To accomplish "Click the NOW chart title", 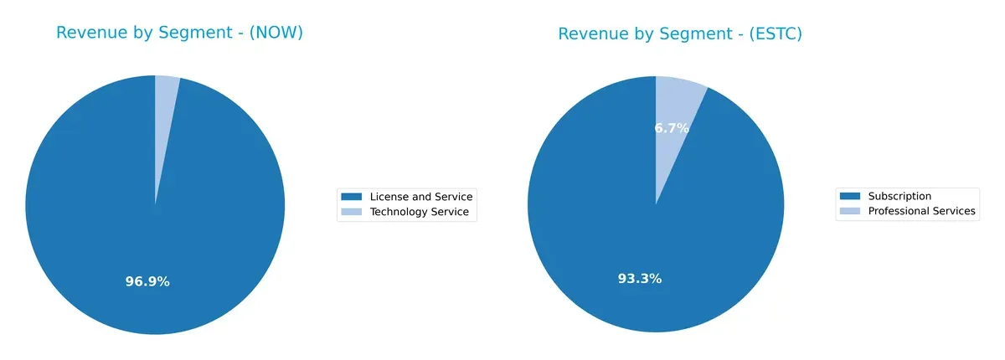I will [179, 33].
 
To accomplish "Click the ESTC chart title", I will [680, 33].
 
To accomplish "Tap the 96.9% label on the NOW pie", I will [147, 281].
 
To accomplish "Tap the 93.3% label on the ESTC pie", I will [640, 279].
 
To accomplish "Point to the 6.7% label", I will [672, 128].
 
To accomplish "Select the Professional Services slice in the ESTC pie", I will [676, 105].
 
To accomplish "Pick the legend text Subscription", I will [899, 196].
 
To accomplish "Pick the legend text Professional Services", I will [921, 211].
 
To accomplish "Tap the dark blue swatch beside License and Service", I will [353, 197].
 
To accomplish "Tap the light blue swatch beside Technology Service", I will [353, 212].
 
